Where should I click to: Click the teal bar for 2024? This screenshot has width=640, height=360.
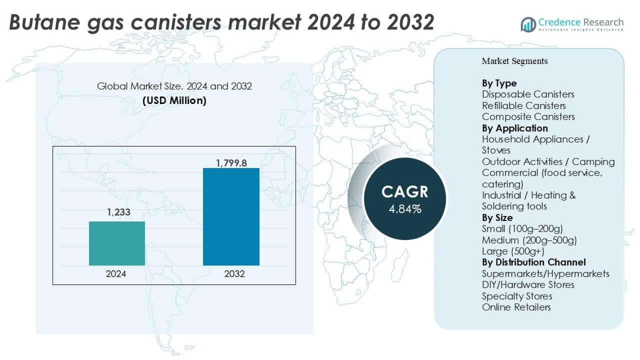coord(116,243)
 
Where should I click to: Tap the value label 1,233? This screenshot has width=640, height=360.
coord(118,212)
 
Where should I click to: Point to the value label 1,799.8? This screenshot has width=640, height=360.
coord(231,162)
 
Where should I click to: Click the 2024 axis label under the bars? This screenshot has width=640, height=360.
coord(116,274)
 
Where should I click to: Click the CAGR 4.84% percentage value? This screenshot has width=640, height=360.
coord(405,209)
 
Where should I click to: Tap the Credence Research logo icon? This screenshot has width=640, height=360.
coord(528,23)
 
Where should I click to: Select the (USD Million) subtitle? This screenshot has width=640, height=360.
coord(174,100)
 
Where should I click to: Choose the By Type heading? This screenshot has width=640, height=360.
coord(499,83)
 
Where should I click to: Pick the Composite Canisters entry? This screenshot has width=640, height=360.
coord(528,116)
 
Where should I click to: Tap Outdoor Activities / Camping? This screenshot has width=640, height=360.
coord(548,161)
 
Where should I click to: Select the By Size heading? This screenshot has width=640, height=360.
coord(497,217)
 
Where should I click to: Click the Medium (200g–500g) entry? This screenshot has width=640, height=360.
coord(529,240)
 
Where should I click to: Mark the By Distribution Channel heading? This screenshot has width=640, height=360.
coord(533,262)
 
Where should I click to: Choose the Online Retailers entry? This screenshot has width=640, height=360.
coord(516,307)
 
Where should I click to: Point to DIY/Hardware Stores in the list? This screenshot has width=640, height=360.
coord(528,284)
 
